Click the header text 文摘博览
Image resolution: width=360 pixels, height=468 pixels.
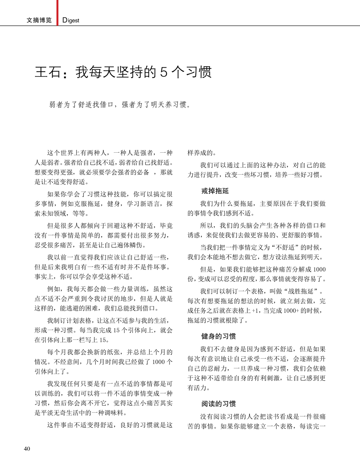click(39, 20)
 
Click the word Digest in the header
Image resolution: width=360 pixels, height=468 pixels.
click(71, 20)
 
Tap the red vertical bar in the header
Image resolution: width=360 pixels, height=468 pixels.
click(57, 13)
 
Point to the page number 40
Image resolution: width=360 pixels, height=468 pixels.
click(27, 449)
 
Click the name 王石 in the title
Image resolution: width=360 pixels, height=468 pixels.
click(48, 72)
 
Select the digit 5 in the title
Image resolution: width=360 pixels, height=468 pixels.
click(164, 72)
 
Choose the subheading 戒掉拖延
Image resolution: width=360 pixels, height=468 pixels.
click(215, 191)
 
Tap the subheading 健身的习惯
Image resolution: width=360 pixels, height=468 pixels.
click(219, 336)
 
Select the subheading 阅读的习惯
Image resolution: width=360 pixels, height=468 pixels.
click(219, 404)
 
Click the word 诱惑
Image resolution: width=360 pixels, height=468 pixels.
click(194, 235)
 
